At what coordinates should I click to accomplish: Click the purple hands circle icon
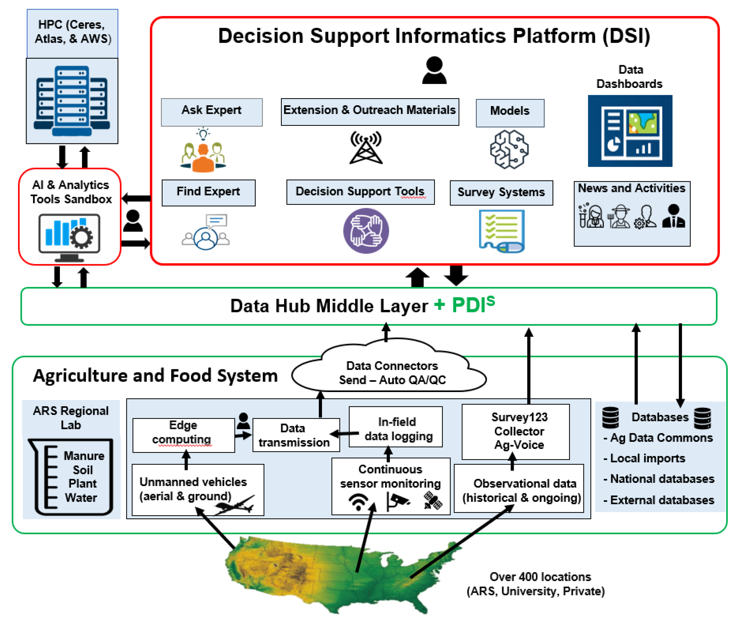point(366,231)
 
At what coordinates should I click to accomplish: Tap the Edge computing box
point(183,435)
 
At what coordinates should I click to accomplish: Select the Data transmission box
point(296,435)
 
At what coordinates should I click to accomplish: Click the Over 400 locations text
point(540,577)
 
